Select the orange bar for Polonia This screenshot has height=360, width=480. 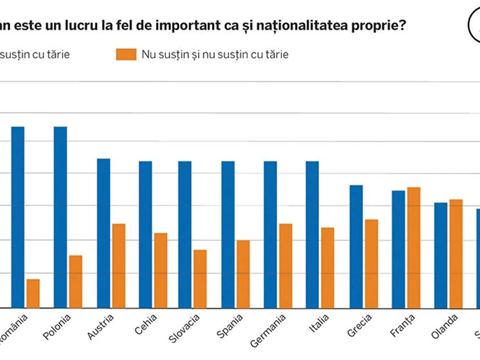[76, 282]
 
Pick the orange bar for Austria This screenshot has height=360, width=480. [119, 266]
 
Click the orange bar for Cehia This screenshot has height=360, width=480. [161, 270]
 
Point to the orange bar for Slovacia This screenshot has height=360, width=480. [200, 279]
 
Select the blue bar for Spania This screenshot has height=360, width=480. [228, 234]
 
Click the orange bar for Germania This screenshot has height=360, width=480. [286, 266]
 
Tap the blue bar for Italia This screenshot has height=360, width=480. [312, 234]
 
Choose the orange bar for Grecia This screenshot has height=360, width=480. [371, 264]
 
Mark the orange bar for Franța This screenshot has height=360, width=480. [414, 248]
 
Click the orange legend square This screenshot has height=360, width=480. [126, 54]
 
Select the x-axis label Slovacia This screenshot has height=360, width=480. [184, 329]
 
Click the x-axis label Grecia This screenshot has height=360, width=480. [359, 325]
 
